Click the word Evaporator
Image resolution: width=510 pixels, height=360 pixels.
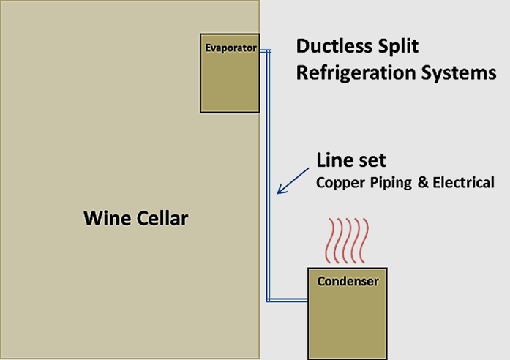[231, 48]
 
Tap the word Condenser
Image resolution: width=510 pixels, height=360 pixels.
[348, 281]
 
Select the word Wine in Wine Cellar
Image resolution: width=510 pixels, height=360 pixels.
[107, 218]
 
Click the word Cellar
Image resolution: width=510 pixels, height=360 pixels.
[162, 218]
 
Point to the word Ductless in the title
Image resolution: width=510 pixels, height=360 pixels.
[333, 46]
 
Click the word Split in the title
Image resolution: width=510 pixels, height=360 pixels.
[397, 47]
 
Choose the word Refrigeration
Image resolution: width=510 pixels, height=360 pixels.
[356, 73]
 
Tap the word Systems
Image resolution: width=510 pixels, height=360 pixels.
[459, 73]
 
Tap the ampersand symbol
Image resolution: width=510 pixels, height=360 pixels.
[423, 182]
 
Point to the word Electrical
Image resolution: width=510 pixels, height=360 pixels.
[463, 182]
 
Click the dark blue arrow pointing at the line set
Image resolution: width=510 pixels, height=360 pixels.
[293, 181]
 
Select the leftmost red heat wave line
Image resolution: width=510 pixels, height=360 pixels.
[331, 241]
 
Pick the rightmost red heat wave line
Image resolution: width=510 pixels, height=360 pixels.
[364, 241]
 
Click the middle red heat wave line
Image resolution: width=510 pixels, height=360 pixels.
[348, 241]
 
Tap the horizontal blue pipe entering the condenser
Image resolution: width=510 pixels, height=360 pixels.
[288, 300]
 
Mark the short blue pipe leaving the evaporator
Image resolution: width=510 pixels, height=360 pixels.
[266, 51]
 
